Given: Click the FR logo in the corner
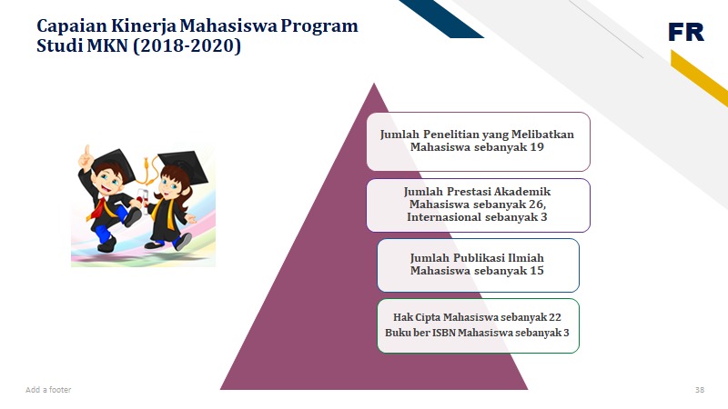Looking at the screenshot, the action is (686, 32).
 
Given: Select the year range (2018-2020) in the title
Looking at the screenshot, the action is (187, 46).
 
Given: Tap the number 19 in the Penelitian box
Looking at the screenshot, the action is (537, 147).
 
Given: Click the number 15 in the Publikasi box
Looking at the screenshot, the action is (537, 270).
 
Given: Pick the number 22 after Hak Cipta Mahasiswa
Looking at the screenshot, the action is (555, 317).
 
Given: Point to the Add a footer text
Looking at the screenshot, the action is (48, 390).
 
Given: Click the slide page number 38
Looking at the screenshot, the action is (699, 390).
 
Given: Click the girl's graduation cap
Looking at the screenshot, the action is (184, 165).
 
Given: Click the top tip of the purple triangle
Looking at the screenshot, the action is (374, 84).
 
